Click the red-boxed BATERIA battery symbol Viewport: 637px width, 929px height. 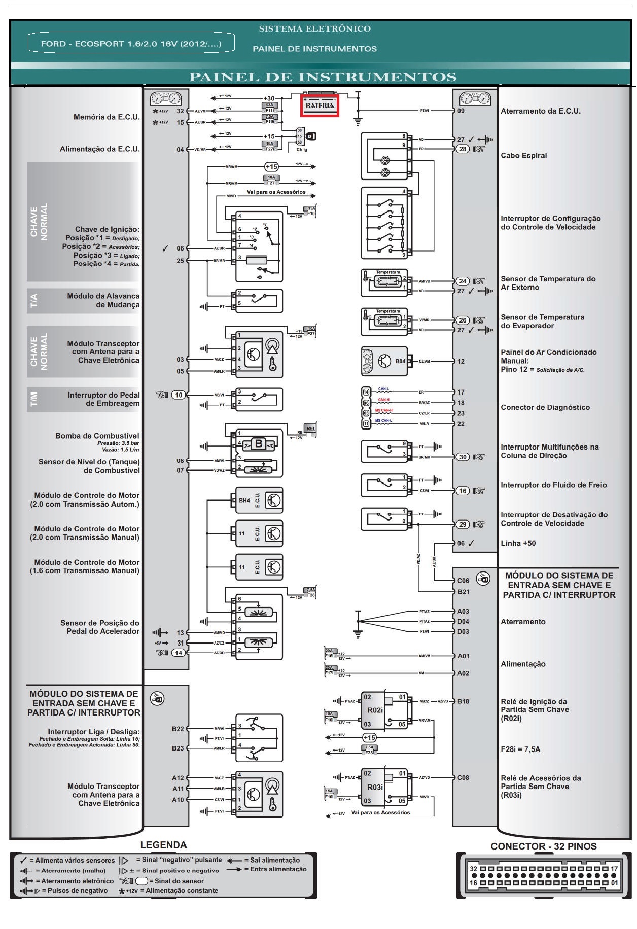(320, 105)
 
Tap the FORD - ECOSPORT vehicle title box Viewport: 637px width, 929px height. (131, 44)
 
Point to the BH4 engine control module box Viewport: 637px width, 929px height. (259, 501)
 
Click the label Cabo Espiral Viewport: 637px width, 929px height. (523, 156)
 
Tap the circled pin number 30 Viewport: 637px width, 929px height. (463, 457)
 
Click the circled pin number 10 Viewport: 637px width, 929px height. (179, 395)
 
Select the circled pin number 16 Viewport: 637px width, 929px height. (463, 491)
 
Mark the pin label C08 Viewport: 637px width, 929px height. (463, 777)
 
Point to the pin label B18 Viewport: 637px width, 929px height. (463, 701)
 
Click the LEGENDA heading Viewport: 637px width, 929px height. (163, 845)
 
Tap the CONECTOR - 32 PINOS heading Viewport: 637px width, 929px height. (543, 846)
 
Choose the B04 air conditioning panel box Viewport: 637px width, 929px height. (385, 361)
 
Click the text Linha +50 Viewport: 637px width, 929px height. (518, 543)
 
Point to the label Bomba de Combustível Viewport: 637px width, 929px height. (97, 436)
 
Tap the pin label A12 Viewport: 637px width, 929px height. (178, 778)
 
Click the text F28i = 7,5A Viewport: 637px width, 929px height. (520, 749)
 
